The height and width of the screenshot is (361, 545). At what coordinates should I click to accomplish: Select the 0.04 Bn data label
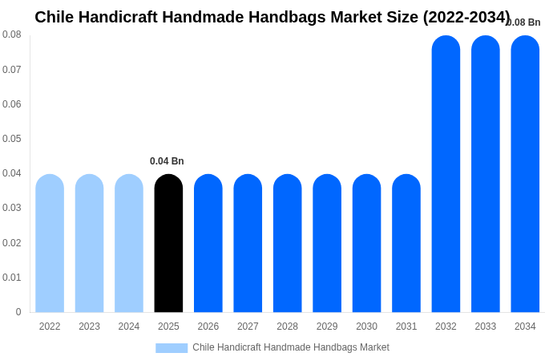click(x=167, y=161)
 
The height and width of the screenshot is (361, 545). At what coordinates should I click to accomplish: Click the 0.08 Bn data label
click(x=524, y=22)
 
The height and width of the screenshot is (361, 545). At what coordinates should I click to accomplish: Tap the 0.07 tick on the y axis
click(x=12, y=70)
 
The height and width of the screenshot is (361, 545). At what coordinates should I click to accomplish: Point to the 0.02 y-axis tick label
click(x=12, y=243)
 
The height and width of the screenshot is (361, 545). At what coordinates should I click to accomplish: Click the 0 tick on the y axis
click(x=18, y=312)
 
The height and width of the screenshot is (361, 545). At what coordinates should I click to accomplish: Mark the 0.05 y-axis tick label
click(x=12, y=139)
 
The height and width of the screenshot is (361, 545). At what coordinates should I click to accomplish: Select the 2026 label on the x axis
click(x=208, y=327)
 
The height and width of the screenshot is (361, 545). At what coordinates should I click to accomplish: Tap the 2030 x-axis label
click(x=366, y=327)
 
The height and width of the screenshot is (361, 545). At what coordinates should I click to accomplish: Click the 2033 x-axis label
click(x=486, y=327)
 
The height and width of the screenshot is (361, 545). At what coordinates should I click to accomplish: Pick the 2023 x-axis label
click(x=89, y=327)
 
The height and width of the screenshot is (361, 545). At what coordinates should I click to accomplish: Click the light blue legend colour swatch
click(x=172, y=348)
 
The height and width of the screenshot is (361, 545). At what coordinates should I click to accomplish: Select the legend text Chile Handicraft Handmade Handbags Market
click(x=291, y=347)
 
